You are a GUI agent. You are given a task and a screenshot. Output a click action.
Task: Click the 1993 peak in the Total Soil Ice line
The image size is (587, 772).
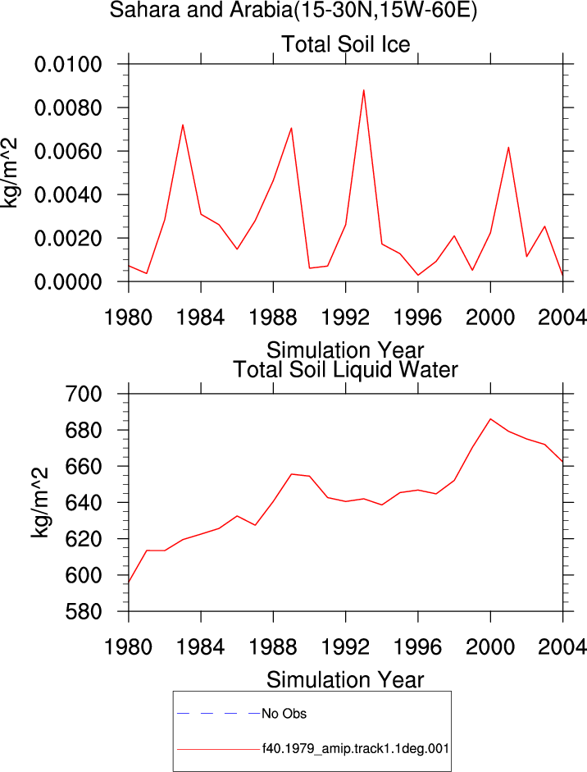tap(364, 90)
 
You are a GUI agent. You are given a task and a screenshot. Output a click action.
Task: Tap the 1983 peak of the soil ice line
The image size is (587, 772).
tap(183, 125)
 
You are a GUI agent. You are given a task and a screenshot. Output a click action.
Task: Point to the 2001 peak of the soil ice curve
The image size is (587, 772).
tap(508, 147)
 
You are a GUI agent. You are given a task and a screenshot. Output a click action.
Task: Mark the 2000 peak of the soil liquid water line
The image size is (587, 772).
tap(490, 419)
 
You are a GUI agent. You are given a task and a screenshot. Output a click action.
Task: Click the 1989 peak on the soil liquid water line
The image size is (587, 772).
tap(291, 474)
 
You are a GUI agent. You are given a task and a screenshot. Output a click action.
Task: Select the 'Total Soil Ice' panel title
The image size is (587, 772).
tap(345, 44)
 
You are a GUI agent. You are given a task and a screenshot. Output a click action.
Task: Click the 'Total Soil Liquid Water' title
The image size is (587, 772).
tap(345, 370)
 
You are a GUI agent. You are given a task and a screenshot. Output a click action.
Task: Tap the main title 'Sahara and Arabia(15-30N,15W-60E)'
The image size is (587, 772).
tap(293, 11)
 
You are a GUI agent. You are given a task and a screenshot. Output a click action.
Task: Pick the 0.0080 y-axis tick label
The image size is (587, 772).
tap(68, 107)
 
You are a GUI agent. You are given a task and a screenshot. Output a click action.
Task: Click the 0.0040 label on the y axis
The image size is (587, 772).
tap(68, 195)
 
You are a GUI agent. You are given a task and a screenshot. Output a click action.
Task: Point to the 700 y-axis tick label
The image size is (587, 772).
tap(84, 394)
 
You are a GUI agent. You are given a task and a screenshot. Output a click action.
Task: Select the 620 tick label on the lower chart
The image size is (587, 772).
tap(84, 539)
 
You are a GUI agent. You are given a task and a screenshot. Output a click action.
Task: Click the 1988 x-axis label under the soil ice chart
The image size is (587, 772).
tap(273, 317)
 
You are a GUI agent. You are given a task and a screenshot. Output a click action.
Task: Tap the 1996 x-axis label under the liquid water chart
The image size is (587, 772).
tap(418, 647)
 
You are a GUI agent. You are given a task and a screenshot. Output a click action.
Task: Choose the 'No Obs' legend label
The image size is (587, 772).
tap(284, 714)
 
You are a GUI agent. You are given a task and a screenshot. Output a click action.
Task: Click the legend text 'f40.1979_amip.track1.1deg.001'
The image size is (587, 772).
tap(355, 749)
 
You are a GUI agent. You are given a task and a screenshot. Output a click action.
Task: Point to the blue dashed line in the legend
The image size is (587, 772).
tap(218, 714)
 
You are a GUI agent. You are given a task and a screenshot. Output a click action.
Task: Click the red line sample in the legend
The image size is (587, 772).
tap(218, 749)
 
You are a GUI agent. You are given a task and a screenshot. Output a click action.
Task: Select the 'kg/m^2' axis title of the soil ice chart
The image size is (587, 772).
tap(10, 173)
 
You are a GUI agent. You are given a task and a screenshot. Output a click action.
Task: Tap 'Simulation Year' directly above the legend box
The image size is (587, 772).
tap(345, 680)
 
